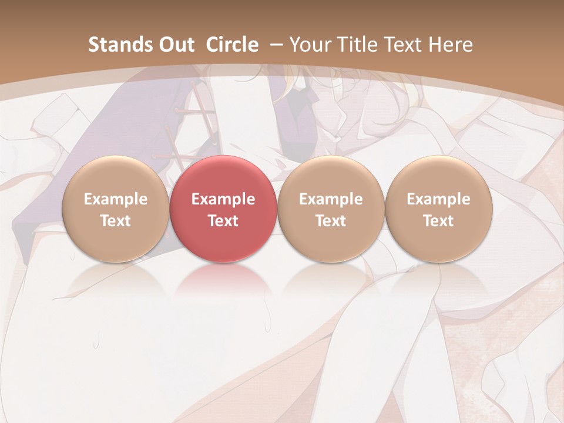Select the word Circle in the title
tap(232, 45)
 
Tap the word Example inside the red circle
tap(223, 199)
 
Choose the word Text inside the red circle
tap(223, 221)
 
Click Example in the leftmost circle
tap(115, 199)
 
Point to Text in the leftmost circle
tap(115, 221)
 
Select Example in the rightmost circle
tap(438, 199)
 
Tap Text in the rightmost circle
tap(438, 221)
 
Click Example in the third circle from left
tap(331, 199)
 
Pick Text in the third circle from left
tap(331, 221)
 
